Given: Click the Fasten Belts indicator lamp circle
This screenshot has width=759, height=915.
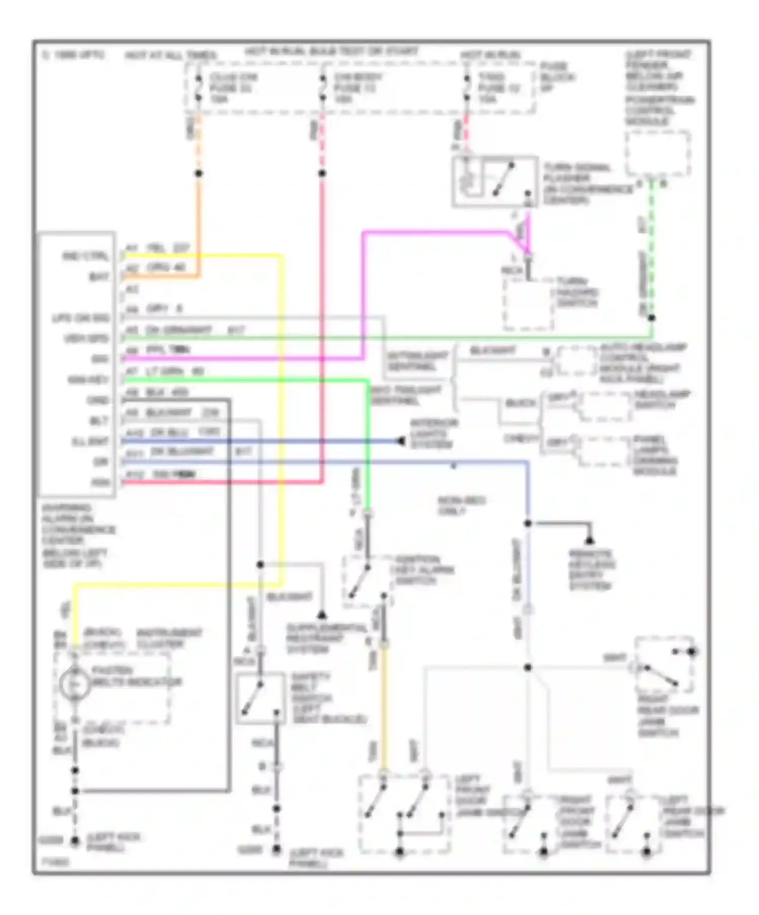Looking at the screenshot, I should coord(74,684).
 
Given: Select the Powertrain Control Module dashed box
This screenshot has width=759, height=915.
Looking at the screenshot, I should coord(657,153).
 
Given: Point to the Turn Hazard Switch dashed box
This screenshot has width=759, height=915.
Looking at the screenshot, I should coord(528,304).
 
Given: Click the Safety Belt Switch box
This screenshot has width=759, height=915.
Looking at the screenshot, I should coord(260,698).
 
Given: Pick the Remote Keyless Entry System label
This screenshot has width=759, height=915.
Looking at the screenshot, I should coord(591,570).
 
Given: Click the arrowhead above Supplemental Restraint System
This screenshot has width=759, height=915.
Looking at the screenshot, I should coord(321,615).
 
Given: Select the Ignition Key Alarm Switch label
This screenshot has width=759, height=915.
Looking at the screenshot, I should coord(424,570).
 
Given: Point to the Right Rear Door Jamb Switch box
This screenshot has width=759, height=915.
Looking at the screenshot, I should coord(663,664).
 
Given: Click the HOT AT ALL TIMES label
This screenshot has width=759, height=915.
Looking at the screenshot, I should coord(171,55).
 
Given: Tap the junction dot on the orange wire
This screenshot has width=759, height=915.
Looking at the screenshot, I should coord(199,174).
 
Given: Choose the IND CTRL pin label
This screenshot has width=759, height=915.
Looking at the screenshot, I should coord(86,256).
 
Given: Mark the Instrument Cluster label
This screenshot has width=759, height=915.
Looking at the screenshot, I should coord(170,638).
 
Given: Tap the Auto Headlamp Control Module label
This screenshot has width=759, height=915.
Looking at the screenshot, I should coord(640,363).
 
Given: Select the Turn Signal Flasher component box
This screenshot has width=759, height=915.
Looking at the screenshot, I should coord(494,182).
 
